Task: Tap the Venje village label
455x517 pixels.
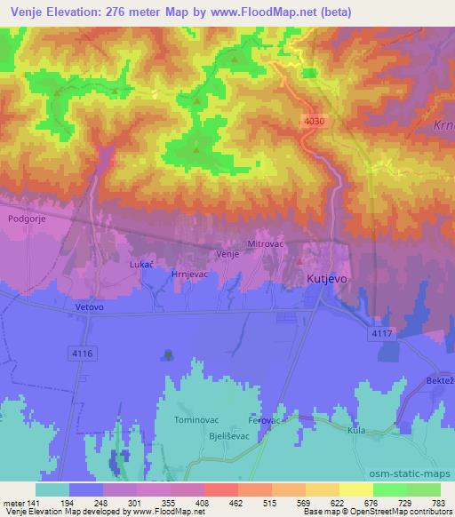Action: coord(227,254)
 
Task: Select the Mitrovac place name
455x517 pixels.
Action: coord(264,243)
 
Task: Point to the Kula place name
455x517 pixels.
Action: coord(357,430)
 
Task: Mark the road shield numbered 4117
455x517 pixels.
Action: coord(382,331)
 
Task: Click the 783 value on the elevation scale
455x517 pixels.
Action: coord(437,503)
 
